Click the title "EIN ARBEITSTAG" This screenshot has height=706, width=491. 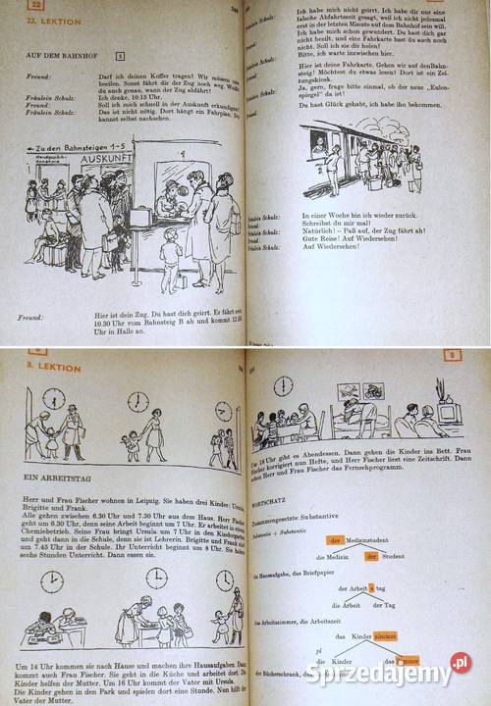click(x=65, y=476)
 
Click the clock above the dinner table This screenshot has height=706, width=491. click(x=284, y=385)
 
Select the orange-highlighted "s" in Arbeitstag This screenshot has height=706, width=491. click(x=370, y=588)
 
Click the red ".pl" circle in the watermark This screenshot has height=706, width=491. click(x=461, y=663)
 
